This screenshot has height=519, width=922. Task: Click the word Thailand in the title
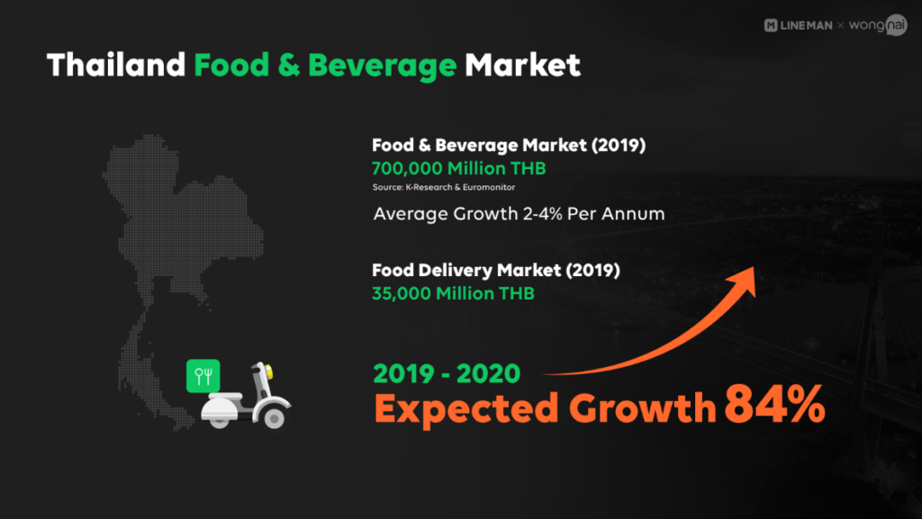116,65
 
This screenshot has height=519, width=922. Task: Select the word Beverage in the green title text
382,66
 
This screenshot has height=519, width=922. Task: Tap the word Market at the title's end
523,65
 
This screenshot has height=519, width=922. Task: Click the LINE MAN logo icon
771,25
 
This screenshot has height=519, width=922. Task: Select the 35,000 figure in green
402,293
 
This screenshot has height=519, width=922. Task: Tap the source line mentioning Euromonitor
444,187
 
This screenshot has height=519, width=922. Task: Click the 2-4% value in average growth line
542,214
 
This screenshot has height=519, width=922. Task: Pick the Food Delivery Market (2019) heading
496,270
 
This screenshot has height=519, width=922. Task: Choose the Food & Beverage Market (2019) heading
509,145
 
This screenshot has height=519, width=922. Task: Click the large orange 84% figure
774,404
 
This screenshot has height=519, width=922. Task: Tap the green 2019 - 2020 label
447,374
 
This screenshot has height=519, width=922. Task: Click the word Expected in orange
466,408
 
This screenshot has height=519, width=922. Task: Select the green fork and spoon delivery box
203,376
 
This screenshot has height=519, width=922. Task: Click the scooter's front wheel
274,417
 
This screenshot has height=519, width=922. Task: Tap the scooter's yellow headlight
268,371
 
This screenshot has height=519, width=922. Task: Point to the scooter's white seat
221,398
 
